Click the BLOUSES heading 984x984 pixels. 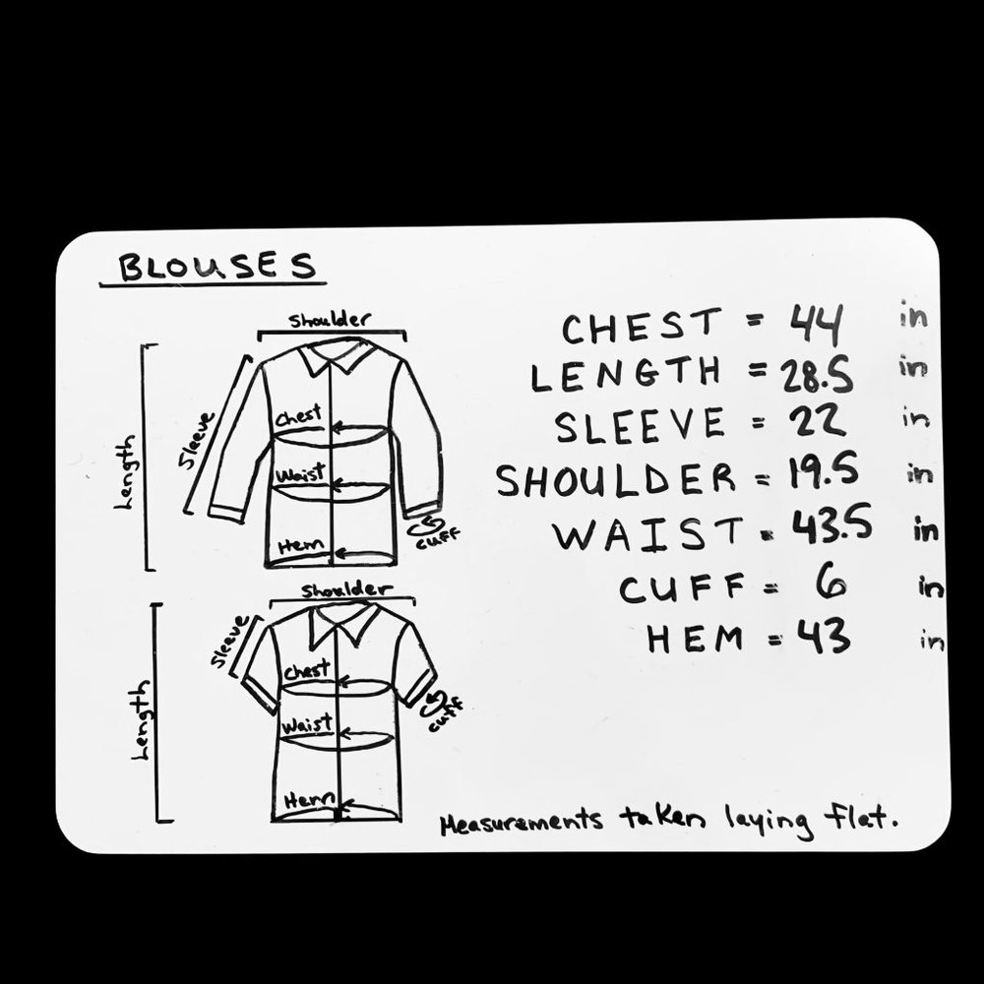point(217,267)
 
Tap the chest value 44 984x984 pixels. point(815,325)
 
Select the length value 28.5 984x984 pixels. point(817,376)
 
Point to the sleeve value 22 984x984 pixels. point(817,422)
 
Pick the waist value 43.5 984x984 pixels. point(830,525)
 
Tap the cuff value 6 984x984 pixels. point(830,584)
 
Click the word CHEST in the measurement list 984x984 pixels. point(642,327)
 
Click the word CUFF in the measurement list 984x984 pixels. point(682,588)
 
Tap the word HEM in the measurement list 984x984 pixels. point(695,639)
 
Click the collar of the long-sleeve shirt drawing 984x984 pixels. point(337,357)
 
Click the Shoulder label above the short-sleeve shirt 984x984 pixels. point(346,589)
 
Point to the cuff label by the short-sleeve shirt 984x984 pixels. point(446,713)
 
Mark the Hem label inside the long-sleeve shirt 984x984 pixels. point(301,545)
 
